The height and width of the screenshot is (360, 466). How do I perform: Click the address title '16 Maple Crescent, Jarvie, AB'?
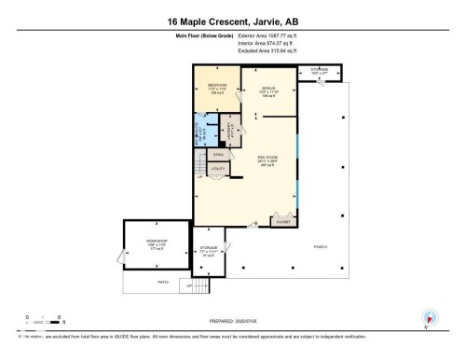233,21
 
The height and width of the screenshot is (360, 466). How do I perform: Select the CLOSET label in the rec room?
281,222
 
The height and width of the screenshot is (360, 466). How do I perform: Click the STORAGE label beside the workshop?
208,249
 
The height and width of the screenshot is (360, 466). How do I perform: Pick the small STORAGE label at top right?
320,69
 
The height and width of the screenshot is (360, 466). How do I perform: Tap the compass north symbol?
429,317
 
